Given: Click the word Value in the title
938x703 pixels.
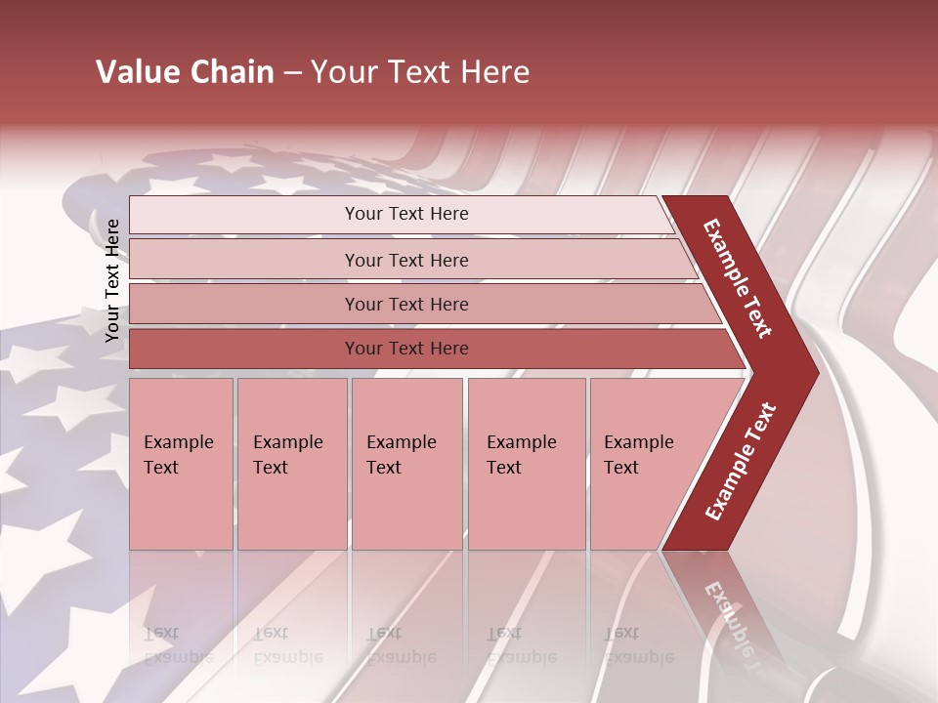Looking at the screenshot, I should point(137,72).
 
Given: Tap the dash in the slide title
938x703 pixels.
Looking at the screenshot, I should point(292,73).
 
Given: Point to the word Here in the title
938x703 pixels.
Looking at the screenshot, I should point(494,72).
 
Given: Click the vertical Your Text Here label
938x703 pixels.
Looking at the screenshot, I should point(112,280).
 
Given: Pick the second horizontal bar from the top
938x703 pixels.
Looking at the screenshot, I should point(405,260).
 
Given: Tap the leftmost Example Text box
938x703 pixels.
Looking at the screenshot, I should point(181,463).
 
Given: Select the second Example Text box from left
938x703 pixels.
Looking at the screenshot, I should point(292,463).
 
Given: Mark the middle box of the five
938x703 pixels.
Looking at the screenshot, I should point(406,463).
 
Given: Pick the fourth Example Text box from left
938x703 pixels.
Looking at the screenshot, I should point(527,463).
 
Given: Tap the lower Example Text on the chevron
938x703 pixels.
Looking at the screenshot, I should point(741,461).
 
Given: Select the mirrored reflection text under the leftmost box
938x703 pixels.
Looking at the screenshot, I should point(178,645).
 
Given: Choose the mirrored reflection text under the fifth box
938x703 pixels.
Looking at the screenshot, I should point(638,645).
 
